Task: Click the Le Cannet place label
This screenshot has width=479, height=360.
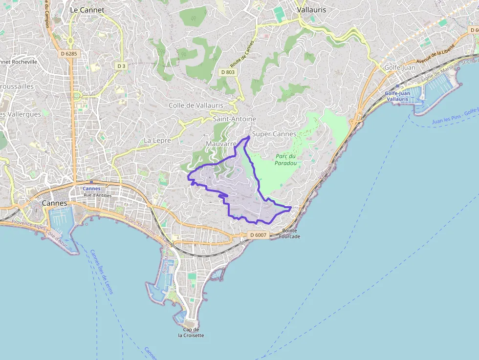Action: tap(87, 9)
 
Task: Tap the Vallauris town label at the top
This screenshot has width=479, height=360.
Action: tap(311, 9)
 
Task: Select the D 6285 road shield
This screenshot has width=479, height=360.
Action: tap(69, 54)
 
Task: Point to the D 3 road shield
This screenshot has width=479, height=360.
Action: tap(121, 65)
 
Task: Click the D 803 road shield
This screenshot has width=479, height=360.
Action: tap(228, 72)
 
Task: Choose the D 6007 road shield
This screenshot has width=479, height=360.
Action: tap(258, 235)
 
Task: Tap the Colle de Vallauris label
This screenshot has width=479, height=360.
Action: tap(196, 105)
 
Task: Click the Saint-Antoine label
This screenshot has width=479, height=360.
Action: tap(234, 119)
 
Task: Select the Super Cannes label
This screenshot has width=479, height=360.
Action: tap(274, 134)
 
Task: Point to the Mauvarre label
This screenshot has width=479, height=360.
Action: tap(221, 144)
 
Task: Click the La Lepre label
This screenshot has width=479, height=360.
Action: tap(157, 140)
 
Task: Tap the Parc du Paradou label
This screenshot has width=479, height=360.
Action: tap(286, 160)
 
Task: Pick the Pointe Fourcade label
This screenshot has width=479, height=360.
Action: tap(289, 233)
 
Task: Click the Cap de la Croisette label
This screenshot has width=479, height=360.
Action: tap(191, 333)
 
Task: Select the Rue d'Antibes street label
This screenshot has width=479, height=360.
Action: tap(98, 195)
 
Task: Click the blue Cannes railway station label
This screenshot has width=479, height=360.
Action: tap(91, 188)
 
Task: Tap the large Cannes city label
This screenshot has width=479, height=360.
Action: tap(54, 203)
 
